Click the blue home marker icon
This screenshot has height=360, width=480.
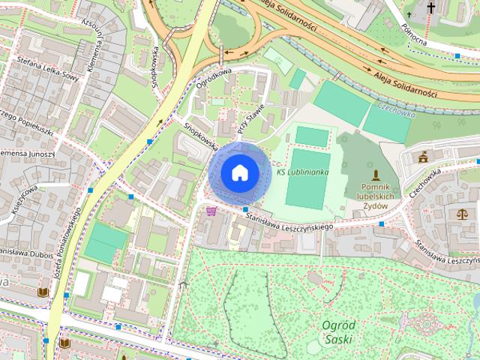239,172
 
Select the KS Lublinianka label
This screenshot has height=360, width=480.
302,172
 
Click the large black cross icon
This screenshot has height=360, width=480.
431,9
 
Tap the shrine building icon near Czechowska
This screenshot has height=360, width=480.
424,157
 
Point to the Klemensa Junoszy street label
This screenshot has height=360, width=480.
27,153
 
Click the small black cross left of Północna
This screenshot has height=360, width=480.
409,14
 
